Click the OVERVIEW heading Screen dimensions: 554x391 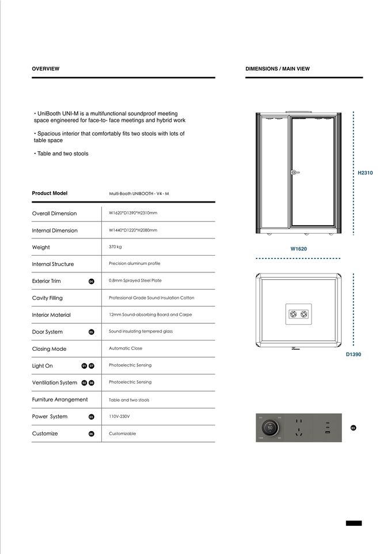(x=45, y=69)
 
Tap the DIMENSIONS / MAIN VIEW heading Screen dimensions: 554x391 (x=277, y=69)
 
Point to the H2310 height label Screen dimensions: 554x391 (x=365, y=173)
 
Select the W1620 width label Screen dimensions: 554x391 (x=298, y=249)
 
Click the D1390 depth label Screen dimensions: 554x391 (x=353, y=354)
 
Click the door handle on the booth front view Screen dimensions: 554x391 (x=294, y=171)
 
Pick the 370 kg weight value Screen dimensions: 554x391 (x=115, y=246)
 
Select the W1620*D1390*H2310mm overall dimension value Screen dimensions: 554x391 (x=132, y=213)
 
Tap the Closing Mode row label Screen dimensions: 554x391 (x=49, y=349)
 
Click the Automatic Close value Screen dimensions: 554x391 (x=126, y=348)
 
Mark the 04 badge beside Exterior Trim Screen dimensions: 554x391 (x=91, y=281)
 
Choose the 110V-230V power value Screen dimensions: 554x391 (x=120, y=415)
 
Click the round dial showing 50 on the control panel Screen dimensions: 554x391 (x=270, y=428)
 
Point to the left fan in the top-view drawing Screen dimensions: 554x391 (x=292, y=313)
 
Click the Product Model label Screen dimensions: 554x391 (x=50, y=193)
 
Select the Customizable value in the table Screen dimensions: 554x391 (x=122, y=433)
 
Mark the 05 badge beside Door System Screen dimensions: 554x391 (x=91, y=332)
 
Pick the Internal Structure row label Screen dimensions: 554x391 (x=53, y=264)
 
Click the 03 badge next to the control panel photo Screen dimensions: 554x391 (x=353, y=428)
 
